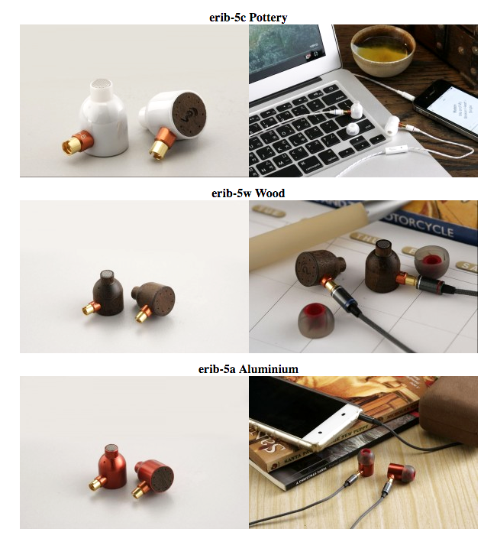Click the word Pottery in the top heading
coord(268,18)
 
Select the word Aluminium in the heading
coord(269,368)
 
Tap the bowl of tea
coord(382,54)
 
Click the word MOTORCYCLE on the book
coord(417,225)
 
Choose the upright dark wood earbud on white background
coord(108,293)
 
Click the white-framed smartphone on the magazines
coord(305,413)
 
